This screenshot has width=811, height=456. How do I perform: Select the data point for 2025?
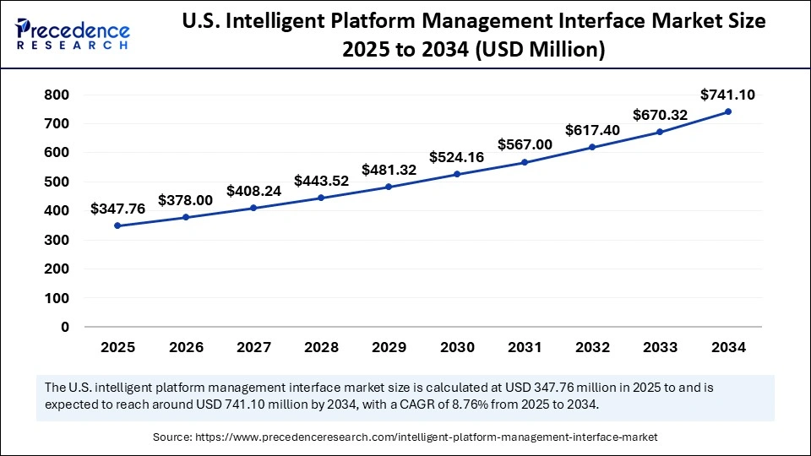coord(117,225)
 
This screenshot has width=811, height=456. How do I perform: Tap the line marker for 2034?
coord(728,111)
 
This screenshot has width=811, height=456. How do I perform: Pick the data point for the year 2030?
coord(457,174)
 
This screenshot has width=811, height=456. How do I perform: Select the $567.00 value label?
coord(525,144)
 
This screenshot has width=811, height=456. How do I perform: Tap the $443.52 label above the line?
coord(321,180)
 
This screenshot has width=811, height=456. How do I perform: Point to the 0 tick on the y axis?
coord(65,327)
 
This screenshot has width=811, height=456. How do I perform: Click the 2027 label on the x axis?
coord(253,347)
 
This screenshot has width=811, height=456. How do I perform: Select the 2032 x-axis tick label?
coord(592,347)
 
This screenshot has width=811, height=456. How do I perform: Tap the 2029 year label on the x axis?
coord(389,347)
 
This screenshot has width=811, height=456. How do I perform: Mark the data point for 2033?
coord(661,132)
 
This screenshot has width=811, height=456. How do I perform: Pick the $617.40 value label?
coord(592,131)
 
